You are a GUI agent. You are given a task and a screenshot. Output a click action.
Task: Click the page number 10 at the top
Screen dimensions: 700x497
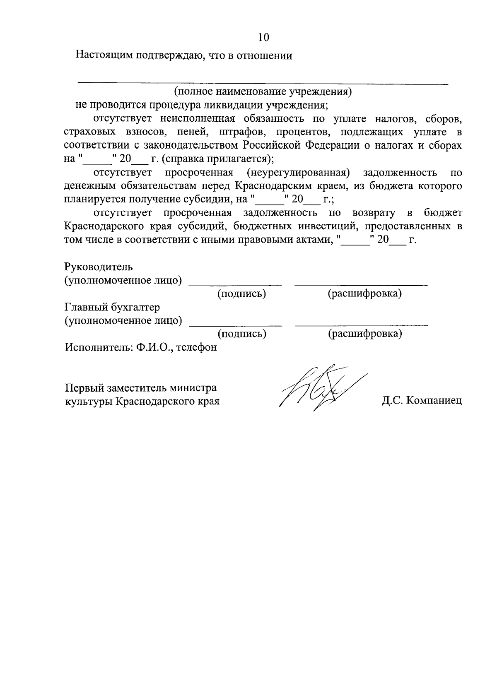point(263,37)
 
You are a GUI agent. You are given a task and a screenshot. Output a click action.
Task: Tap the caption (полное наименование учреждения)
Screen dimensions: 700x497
point(263,91)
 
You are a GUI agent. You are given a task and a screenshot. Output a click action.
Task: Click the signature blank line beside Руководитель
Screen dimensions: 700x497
point(235,285)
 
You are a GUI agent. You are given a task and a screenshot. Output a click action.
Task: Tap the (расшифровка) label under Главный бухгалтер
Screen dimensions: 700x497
point(365,334)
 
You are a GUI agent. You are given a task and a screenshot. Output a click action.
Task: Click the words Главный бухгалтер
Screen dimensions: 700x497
point(112,307)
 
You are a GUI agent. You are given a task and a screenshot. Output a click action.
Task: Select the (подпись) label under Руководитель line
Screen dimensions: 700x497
point(241,294)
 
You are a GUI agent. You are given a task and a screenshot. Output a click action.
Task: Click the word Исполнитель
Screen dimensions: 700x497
point(98,347)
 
